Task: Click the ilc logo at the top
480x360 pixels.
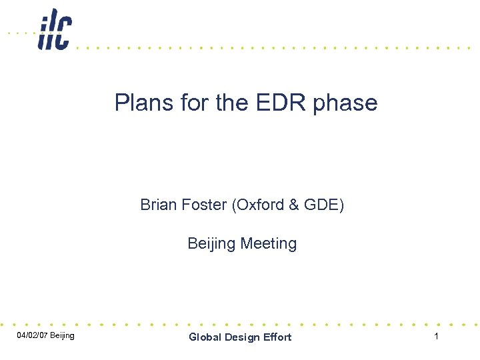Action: pyautogui.click(x=55, y=29)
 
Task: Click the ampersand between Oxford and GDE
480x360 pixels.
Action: pyautogui.click(x=294, y=205)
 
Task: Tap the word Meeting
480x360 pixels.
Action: pyautogui.click(x=268, y=244)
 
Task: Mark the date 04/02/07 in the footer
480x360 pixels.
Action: pyautogui.click(x=31, y=335)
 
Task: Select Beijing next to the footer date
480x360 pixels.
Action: pyautogui.click(x=62, y=335)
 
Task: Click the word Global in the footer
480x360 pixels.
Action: pyautogui.click(x=204, y=337)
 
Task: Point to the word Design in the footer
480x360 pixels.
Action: pyautogui.click(x=240, y=337)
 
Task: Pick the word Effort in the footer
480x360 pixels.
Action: pyautogui.click(x=276, y=337)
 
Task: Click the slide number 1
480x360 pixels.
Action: pyautogui.click(x=436, y=336)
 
